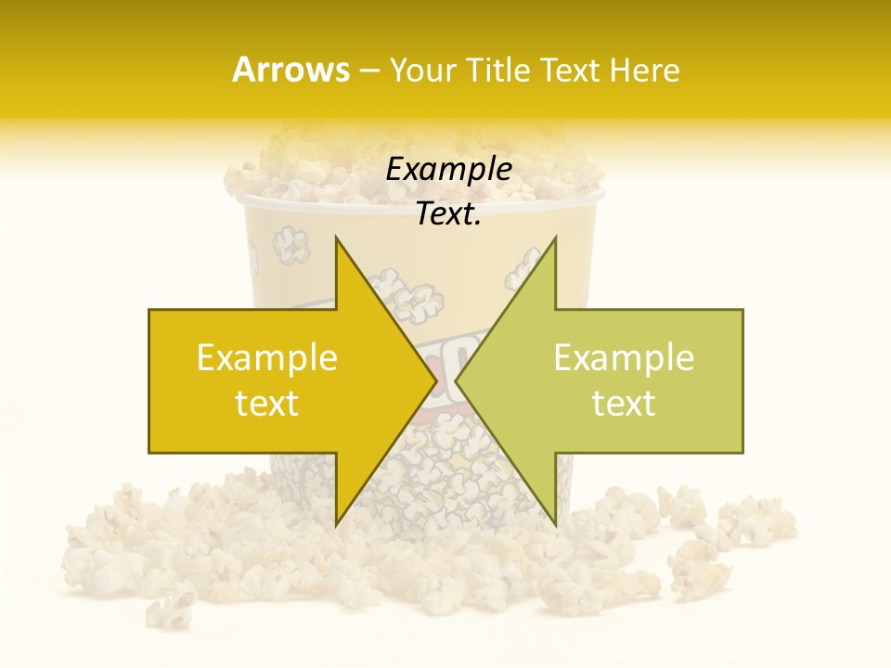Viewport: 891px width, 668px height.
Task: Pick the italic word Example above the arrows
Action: tap(449, 169)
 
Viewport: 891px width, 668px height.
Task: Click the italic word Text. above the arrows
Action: tap(449, 213)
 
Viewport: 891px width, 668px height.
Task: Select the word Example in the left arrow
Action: tap(267, 357)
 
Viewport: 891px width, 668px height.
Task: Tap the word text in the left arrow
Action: tap(267, 403)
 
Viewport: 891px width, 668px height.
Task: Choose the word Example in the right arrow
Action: tap(624, 357)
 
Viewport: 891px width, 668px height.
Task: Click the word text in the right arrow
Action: tap(624, 403)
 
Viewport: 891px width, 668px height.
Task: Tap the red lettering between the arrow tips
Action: tap(446, 357)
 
